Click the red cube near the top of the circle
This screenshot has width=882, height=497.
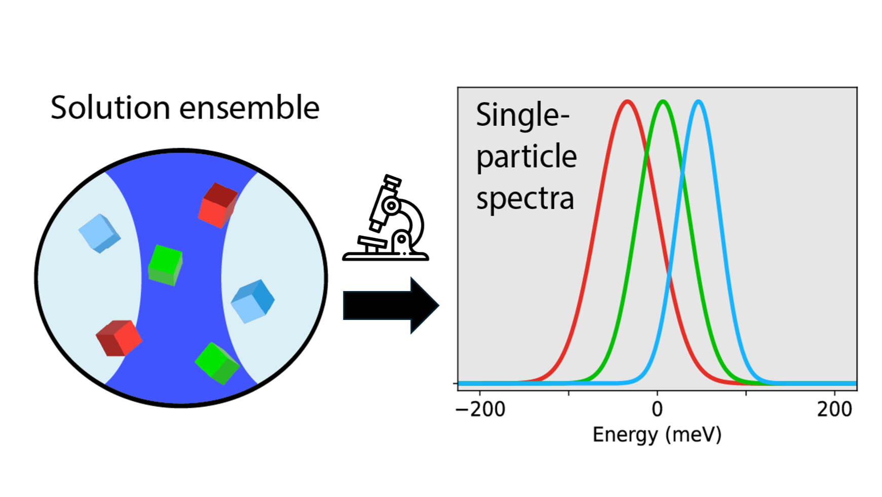coord(218,205)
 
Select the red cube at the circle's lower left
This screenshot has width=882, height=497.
coord(119,338)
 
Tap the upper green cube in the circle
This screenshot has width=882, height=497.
coord(165,265)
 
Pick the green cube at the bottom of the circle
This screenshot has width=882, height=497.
coord(217,363)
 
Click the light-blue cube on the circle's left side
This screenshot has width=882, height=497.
coord(99,233)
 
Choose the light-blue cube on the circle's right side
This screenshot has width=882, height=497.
coord(252,301)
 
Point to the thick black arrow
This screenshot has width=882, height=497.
coord(390,305)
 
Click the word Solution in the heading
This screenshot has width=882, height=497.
coord(110,108)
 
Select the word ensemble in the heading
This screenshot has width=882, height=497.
coord(249,108)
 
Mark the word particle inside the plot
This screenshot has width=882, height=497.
coord(526,157)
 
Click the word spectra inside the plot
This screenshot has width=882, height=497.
coord(525,199)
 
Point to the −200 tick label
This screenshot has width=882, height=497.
coord(480,409)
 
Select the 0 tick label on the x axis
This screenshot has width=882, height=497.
coord(657,409)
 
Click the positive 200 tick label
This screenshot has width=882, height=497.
coord(834,409)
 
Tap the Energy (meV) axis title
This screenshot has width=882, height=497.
coord(657,435)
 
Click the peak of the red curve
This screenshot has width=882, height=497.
coord(628,102)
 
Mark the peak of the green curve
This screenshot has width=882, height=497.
coord(663,102)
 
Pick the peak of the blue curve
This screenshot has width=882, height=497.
coord(699,102)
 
